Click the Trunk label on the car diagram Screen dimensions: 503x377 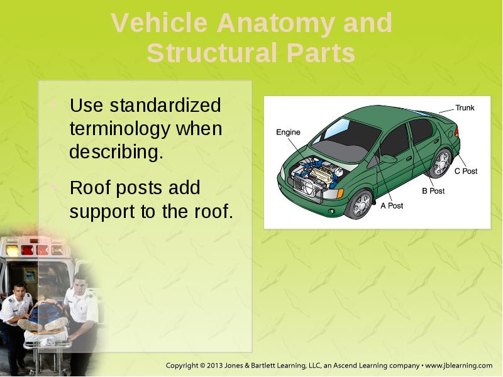(465, 107)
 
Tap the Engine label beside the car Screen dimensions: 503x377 (288, 132)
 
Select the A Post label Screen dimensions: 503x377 (392, 205)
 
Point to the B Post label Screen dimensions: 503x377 (433, 191)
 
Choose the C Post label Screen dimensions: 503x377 (466, 171)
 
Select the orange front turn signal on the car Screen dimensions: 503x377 (340, 194)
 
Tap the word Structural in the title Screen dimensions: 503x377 (212, 53)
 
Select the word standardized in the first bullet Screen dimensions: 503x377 (165, 105)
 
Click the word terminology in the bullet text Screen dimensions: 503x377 (120, 129)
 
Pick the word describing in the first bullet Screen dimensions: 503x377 (116, 152)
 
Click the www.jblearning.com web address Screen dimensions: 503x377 (459, 366)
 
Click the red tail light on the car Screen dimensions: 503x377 (456, 131)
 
